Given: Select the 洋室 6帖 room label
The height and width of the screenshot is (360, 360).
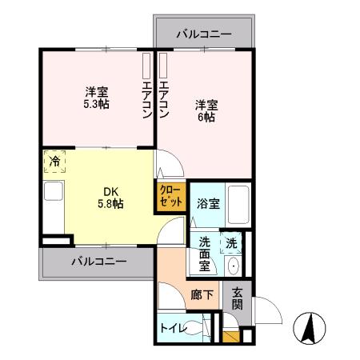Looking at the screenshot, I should pyautogui.click(x=206, y=110).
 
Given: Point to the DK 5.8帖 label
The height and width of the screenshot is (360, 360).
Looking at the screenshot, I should pyautogui.click(x=110, y=197).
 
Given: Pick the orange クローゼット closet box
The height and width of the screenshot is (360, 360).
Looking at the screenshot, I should pyautogui.click(x=170, y=196).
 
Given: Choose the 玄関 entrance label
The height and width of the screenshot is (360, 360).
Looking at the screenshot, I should pyautogui.click(x=238, y=301).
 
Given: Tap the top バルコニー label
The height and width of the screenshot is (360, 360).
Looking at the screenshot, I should pyautogui.click(x=204, y=34).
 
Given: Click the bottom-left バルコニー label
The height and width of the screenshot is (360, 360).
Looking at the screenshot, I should pyautogui.click(x=98, y=262).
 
